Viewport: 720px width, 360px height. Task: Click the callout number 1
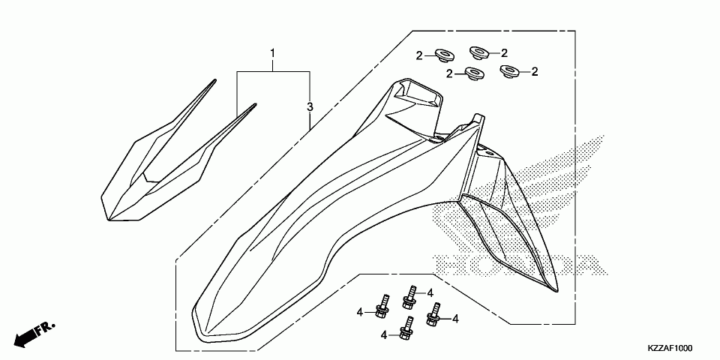(273, 53)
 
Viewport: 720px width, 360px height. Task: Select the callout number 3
(309, 107)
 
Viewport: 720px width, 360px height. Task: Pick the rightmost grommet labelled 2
(510, 72)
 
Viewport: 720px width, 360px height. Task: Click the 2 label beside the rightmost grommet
(535, 72)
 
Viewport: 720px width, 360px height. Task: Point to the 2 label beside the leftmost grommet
(421, 55)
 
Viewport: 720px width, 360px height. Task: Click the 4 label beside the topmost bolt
(430, 292)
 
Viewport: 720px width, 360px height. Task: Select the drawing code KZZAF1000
(670, 349)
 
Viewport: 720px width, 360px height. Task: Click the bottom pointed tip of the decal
(112, 219)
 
